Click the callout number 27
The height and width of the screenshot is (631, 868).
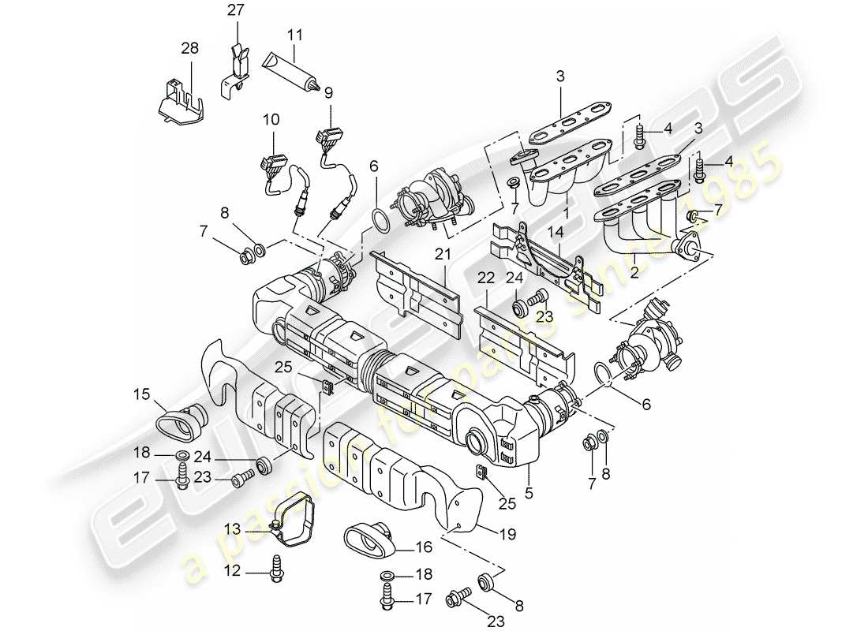pyautogui.click(x=237, y=11)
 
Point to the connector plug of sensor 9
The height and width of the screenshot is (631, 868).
pyautogui.click(x=329, y=143)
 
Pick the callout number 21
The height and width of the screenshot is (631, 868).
pyautogui.click(x=443, y=254)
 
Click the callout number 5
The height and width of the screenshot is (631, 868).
pyautogui.click(x=529, y=493)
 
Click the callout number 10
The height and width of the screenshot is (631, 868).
pyautogui.click(x=271, y=119)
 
